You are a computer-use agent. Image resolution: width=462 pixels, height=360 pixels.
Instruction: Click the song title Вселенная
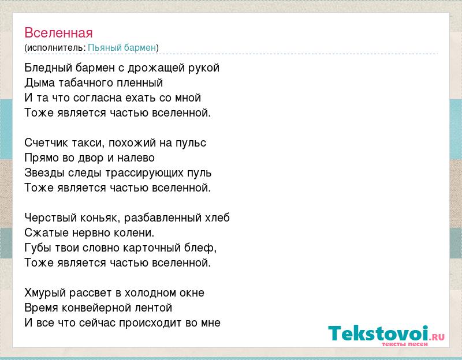[58, 33]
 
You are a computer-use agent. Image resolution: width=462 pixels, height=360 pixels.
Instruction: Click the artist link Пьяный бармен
[122, 47]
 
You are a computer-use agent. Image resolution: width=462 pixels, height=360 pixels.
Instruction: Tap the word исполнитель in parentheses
[55, 48]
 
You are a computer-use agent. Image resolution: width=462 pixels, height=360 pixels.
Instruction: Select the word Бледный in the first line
[48, 67]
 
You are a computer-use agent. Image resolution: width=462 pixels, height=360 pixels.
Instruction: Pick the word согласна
[97, 97]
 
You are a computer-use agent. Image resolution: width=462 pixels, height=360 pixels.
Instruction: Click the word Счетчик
[46, 142]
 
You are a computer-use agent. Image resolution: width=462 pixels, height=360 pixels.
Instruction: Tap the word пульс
[191, 142]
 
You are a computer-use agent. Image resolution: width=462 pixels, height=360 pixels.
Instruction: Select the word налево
[136, 158]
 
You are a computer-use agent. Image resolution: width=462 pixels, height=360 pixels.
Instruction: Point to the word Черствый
[47, 218]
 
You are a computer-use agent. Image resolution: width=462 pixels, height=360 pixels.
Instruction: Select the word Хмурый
[45, 293]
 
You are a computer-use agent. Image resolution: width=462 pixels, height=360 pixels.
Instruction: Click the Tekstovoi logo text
[386, 333]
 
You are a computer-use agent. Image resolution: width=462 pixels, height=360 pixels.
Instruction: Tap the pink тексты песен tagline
[405, 344]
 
